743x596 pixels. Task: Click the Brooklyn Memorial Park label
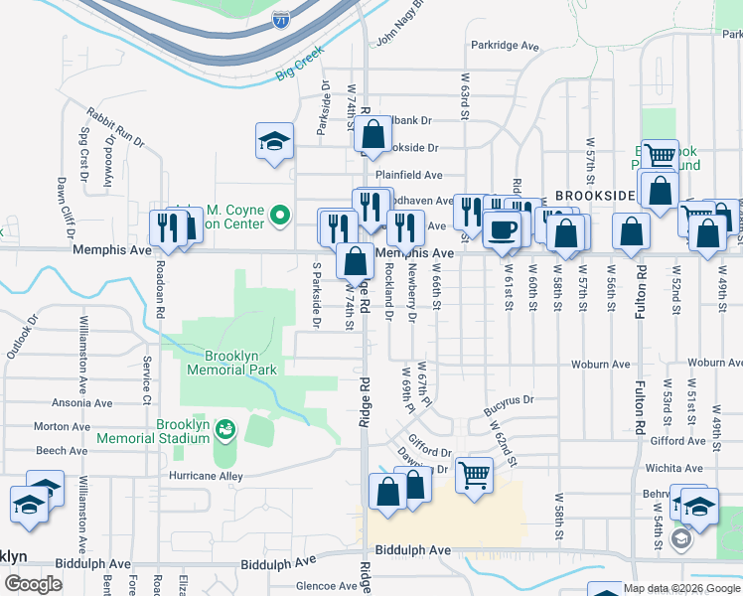click(238, 363)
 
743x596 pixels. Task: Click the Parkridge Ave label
click(505, 46)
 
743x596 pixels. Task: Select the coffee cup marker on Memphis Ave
click(501, 229)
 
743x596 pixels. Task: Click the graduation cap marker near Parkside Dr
click(274, 140)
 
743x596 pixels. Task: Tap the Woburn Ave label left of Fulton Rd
click(600, 364)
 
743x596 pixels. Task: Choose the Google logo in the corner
click(33, 584)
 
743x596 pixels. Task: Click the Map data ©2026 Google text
click(680, 588)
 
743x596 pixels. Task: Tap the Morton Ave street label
click(56, 426)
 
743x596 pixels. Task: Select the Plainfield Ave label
click(401, 174)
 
